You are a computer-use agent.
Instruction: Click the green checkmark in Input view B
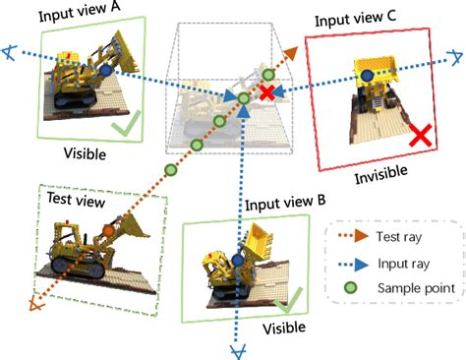[x=293, y=297]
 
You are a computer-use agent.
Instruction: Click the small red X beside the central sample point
[x=265, y=92]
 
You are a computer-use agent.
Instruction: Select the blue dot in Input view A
[x=104, y=72]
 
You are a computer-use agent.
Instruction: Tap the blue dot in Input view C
[x=367, y=76]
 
